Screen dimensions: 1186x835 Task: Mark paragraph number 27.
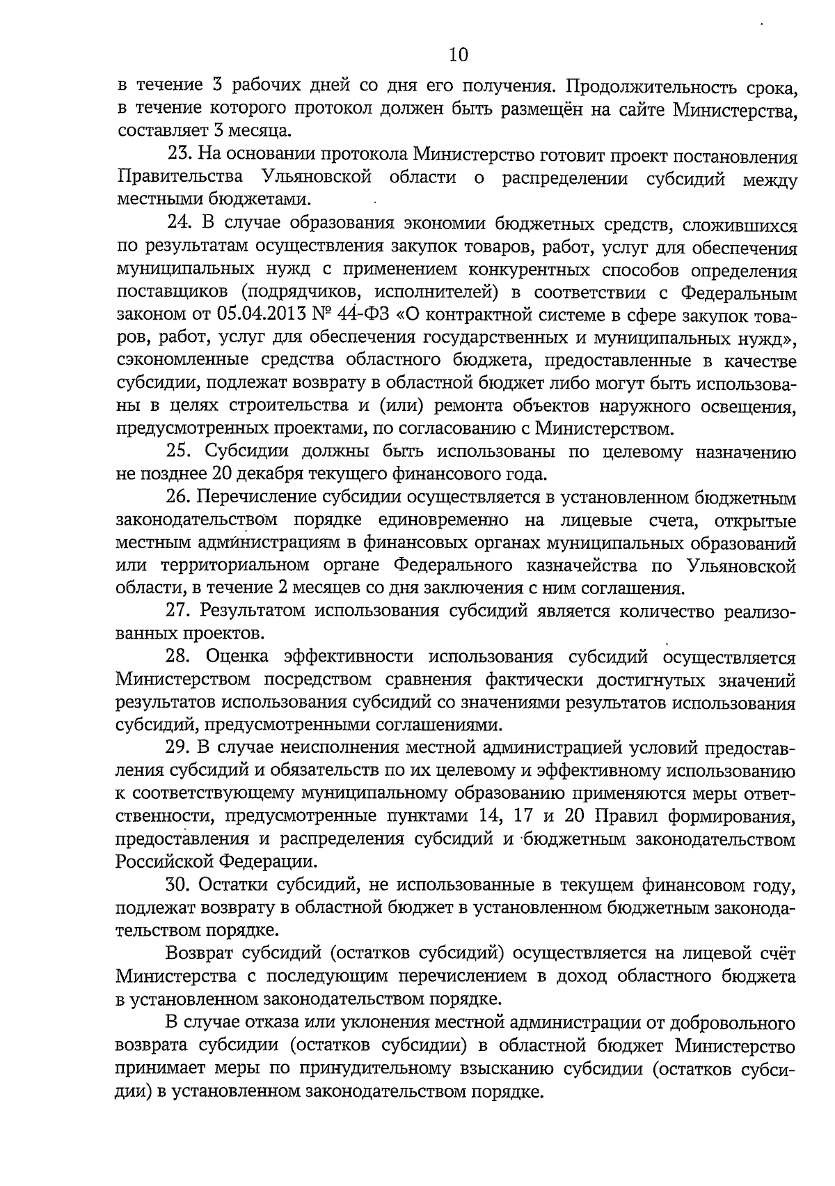tap(178, 611)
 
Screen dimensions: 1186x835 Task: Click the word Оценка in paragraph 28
tap(239, 657)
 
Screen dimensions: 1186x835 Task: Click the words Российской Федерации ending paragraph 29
tap(216, 861)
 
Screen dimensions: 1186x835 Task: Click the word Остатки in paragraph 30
tap(235, 885)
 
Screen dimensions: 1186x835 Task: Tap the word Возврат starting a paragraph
tap(201, 953)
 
